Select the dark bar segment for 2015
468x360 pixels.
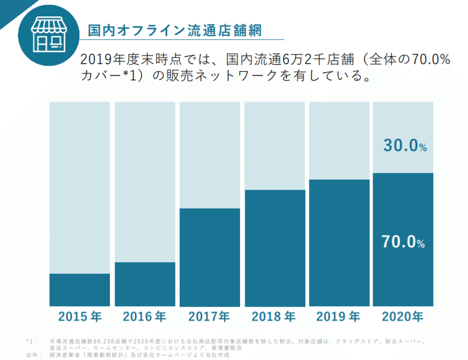click(x=80, y=290)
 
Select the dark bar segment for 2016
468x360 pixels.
click(x=144, y=284)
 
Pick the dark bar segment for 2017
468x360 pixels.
click(x=209, y=257)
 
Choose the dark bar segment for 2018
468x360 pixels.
click(x=274, y=248)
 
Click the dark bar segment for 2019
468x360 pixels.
click(x=339, y=243)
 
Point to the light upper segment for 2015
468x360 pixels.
click(x=80, y=187)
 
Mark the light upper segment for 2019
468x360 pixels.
click(x=339, y=140)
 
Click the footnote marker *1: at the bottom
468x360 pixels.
click(x=32, y=341)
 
